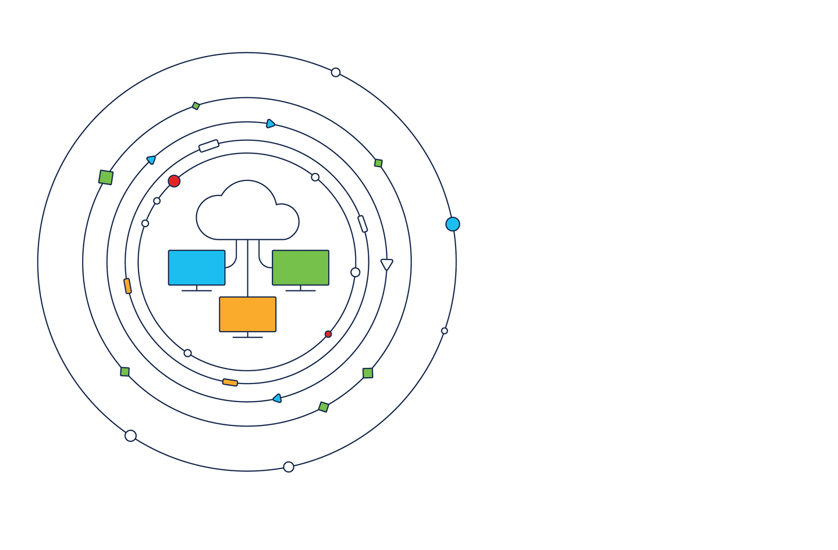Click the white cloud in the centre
(247, 212)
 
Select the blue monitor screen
(197, 268)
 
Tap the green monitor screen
(300, 268)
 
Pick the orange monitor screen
(247, 314)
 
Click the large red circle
(174, 181)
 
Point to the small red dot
(328, 334)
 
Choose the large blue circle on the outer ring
(453, 224)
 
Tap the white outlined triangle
(387, 264)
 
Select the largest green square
(106, 178)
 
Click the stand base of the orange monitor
(247, 337)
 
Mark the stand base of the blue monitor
(197, 290)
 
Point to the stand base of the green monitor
(300, 290)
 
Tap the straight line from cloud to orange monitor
(248, 268)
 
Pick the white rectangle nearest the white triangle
(363, 224)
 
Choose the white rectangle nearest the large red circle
(209, 146)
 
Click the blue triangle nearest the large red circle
(151, 159)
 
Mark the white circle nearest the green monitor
(356, 272)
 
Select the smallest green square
(196, 106)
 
